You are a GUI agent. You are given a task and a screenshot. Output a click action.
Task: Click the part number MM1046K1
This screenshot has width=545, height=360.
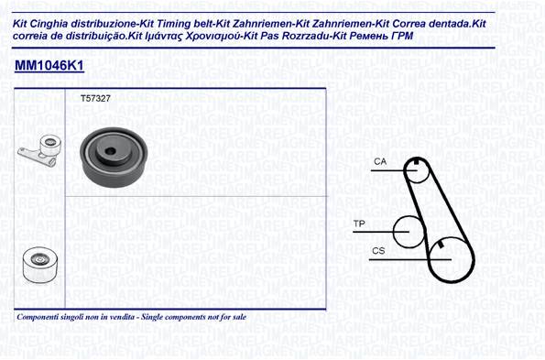[49, 65]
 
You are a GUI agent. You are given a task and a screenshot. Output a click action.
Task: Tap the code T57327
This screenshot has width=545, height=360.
[95, 99]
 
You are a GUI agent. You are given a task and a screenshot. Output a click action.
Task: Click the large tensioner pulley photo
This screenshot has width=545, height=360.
[114, 157]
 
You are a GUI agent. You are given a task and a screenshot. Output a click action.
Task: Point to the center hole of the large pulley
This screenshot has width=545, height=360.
[110, 151]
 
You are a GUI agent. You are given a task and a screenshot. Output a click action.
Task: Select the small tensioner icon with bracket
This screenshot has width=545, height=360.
[39, 150]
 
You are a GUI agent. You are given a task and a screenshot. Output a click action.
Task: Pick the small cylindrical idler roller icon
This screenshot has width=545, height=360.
[40, 265]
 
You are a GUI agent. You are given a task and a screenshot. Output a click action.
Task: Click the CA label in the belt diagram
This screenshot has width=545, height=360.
[380, 161]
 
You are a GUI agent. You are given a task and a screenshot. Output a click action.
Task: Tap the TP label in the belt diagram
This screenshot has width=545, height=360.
[359, 224]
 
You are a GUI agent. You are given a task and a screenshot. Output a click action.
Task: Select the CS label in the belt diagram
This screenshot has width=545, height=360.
[378, 251]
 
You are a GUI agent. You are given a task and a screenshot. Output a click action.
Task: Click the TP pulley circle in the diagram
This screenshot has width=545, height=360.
[394, 232]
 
